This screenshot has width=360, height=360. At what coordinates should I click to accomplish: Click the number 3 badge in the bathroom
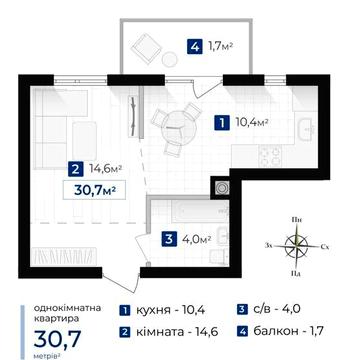(x=169, y=239)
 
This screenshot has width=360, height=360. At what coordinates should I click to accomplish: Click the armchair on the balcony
(x=144, y=47)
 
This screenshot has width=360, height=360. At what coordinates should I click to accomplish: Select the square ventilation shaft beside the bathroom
(x=220, y=187)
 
